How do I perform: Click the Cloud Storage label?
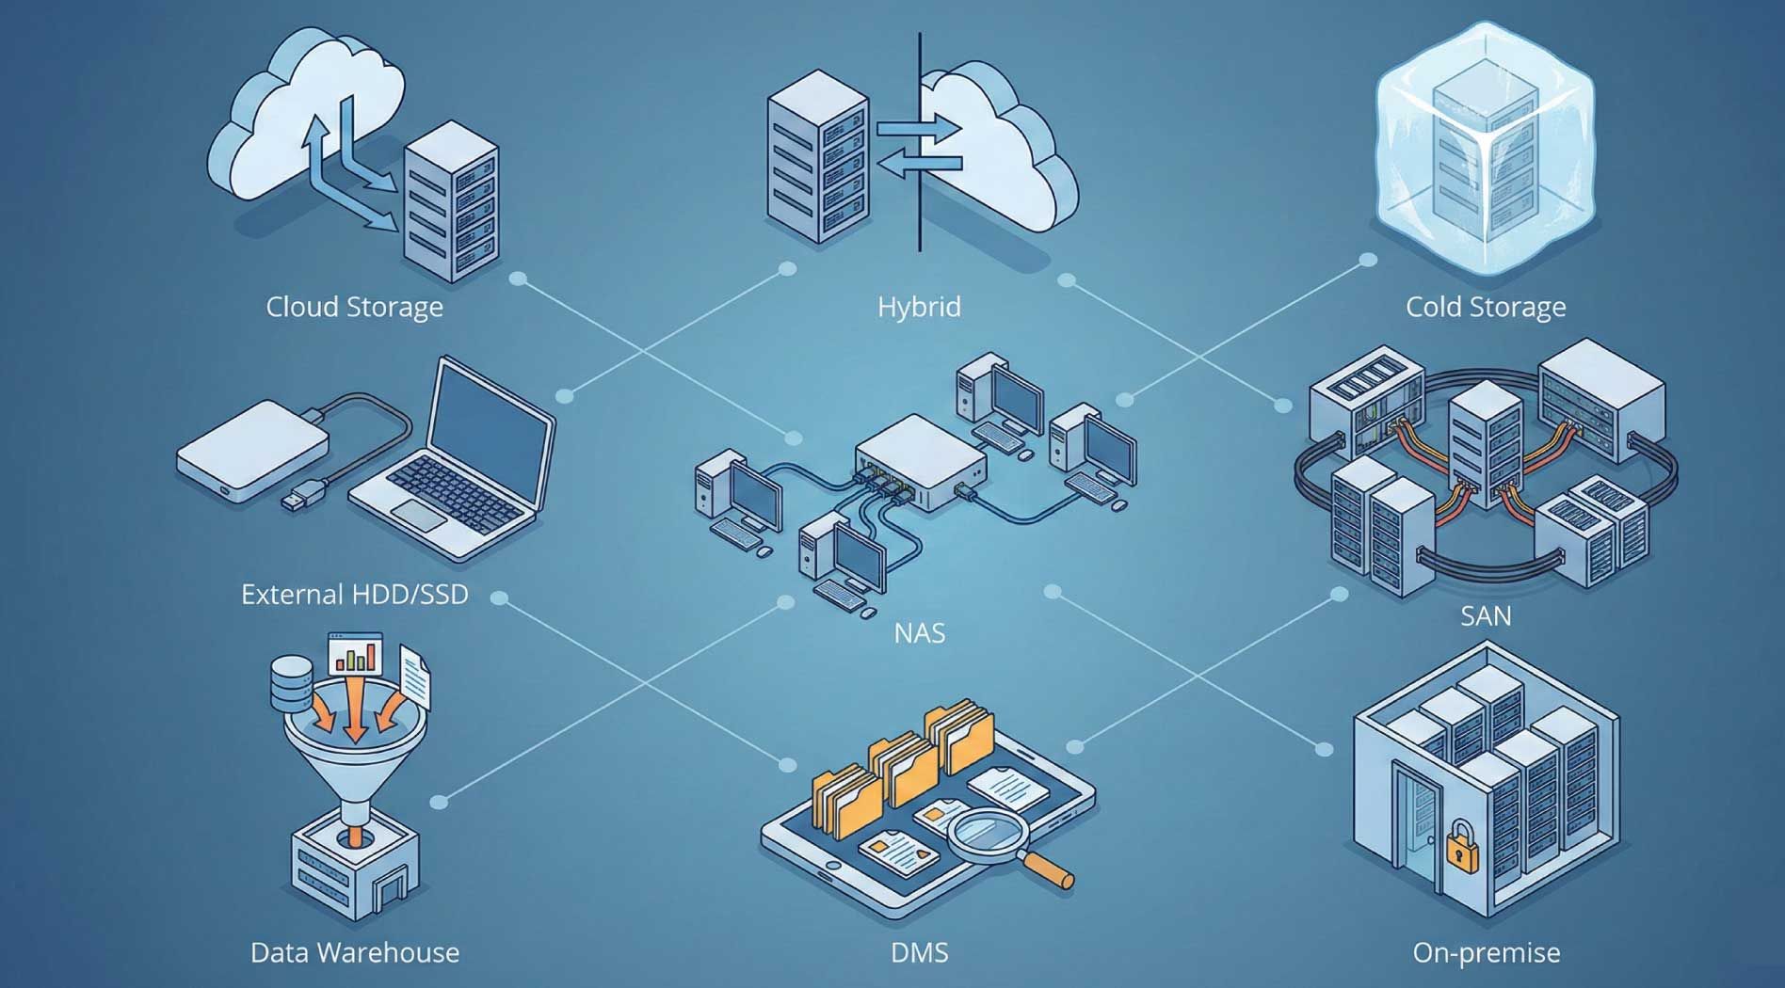coord(354,307)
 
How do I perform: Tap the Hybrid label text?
coord(919,307)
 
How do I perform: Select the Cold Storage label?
coord(1486,307)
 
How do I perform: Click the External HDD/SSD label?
coord(354,595)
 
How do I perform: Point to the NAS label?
coord(919,632)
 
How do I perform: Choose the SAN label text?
coord(1486,616)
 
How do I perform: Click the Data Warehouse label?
coord(354,952)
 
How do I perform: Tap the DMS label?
coord(919,952)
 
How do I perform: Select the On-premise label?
coord(1486,952)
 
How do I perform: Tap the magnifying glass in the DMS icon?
coord(989,834)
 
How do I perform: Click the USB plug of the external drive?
coord(304,495)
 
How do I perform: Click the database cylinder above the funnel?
coord(291,683)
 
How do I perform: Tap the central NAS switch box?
coord(918,461)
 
